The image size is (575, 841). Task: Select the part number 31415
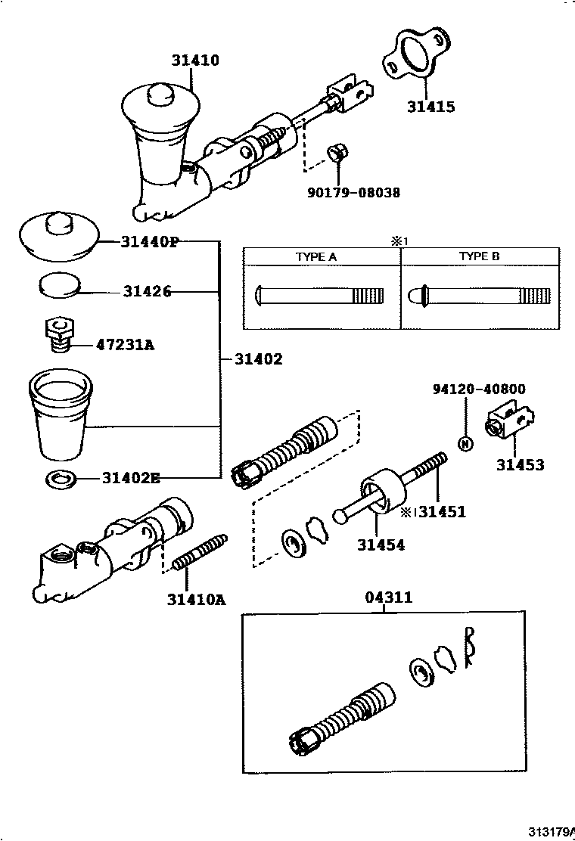(431, 107)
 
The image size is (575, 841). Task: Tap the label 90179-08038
(353, 193)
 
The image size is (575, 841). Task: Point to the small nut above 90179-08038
(337, 153)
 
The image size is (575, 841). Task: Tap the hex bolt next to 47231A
(59, 334)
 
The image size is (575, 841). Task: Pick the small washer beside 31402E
(60, 479)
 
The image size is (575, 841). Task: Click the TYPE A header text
(315, 257)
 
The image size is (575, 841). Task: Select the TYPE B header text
(479, 257)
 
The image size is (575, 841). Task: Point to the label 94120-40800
(479, 389)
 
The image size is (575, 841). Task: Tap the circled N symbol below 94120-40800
(466, 443)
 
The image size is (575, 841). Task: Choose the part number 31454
(381, 545)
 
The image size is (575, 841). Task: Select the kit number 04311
(389, 597)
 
